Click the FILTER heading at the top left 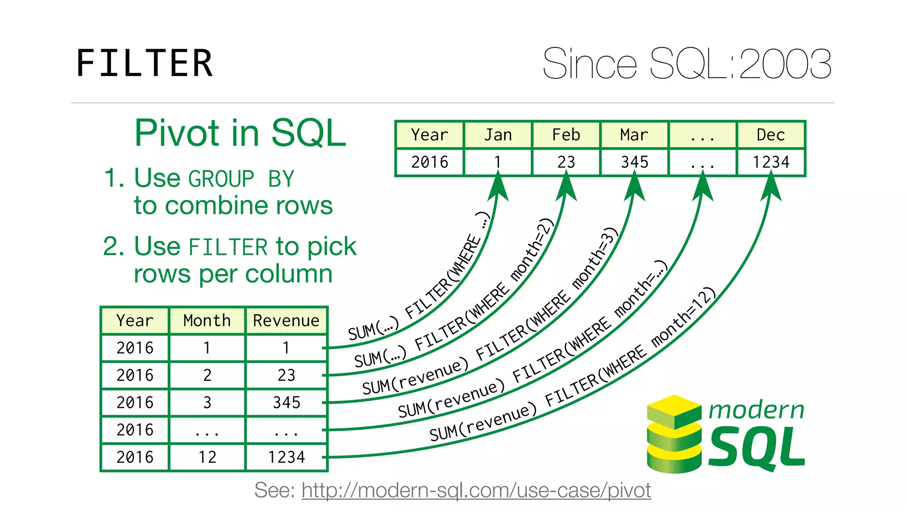coord(144,63)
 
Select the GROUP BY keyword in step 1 coord(241,179)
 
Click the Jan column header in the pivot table coord(498,135)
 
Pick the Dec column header coord(771,135)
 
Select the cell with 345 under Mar coord(634,162)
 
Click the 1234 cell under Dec coord(771,162)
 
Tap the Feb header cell coord(566,135)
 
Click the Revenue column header coord(286,321)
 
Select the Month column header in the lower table coord(207,321)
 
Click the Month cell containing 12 coord(207,457)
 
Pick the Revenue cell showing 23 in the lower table coord(286,375)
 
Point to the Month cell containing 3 coord(207,402)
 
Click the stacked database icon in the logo coord(674,434)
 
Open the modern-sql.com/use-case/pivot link coord(476,491)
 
